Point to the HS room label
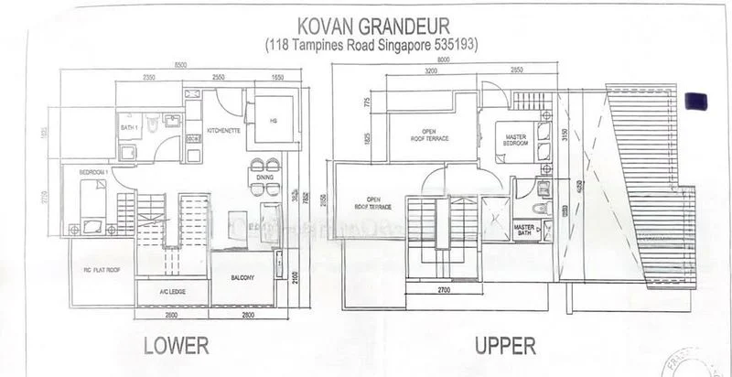point(273,120)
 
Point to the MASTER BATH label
point(524,229)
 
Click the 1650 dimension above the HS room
point(277,78)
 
